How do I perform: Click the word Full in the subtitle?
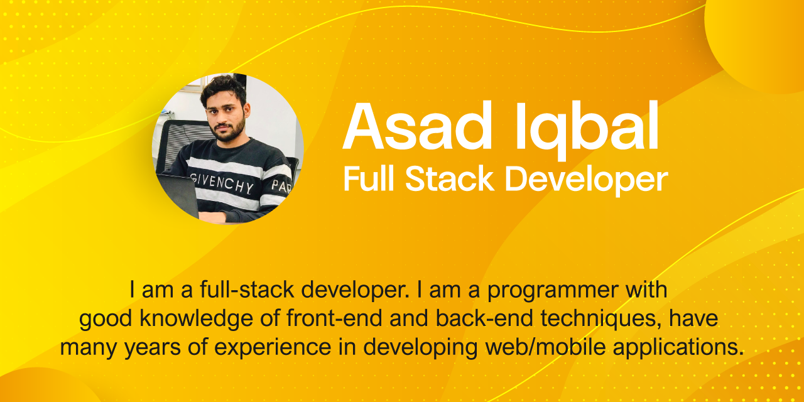pyautogui.click(x=368, y=180)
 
